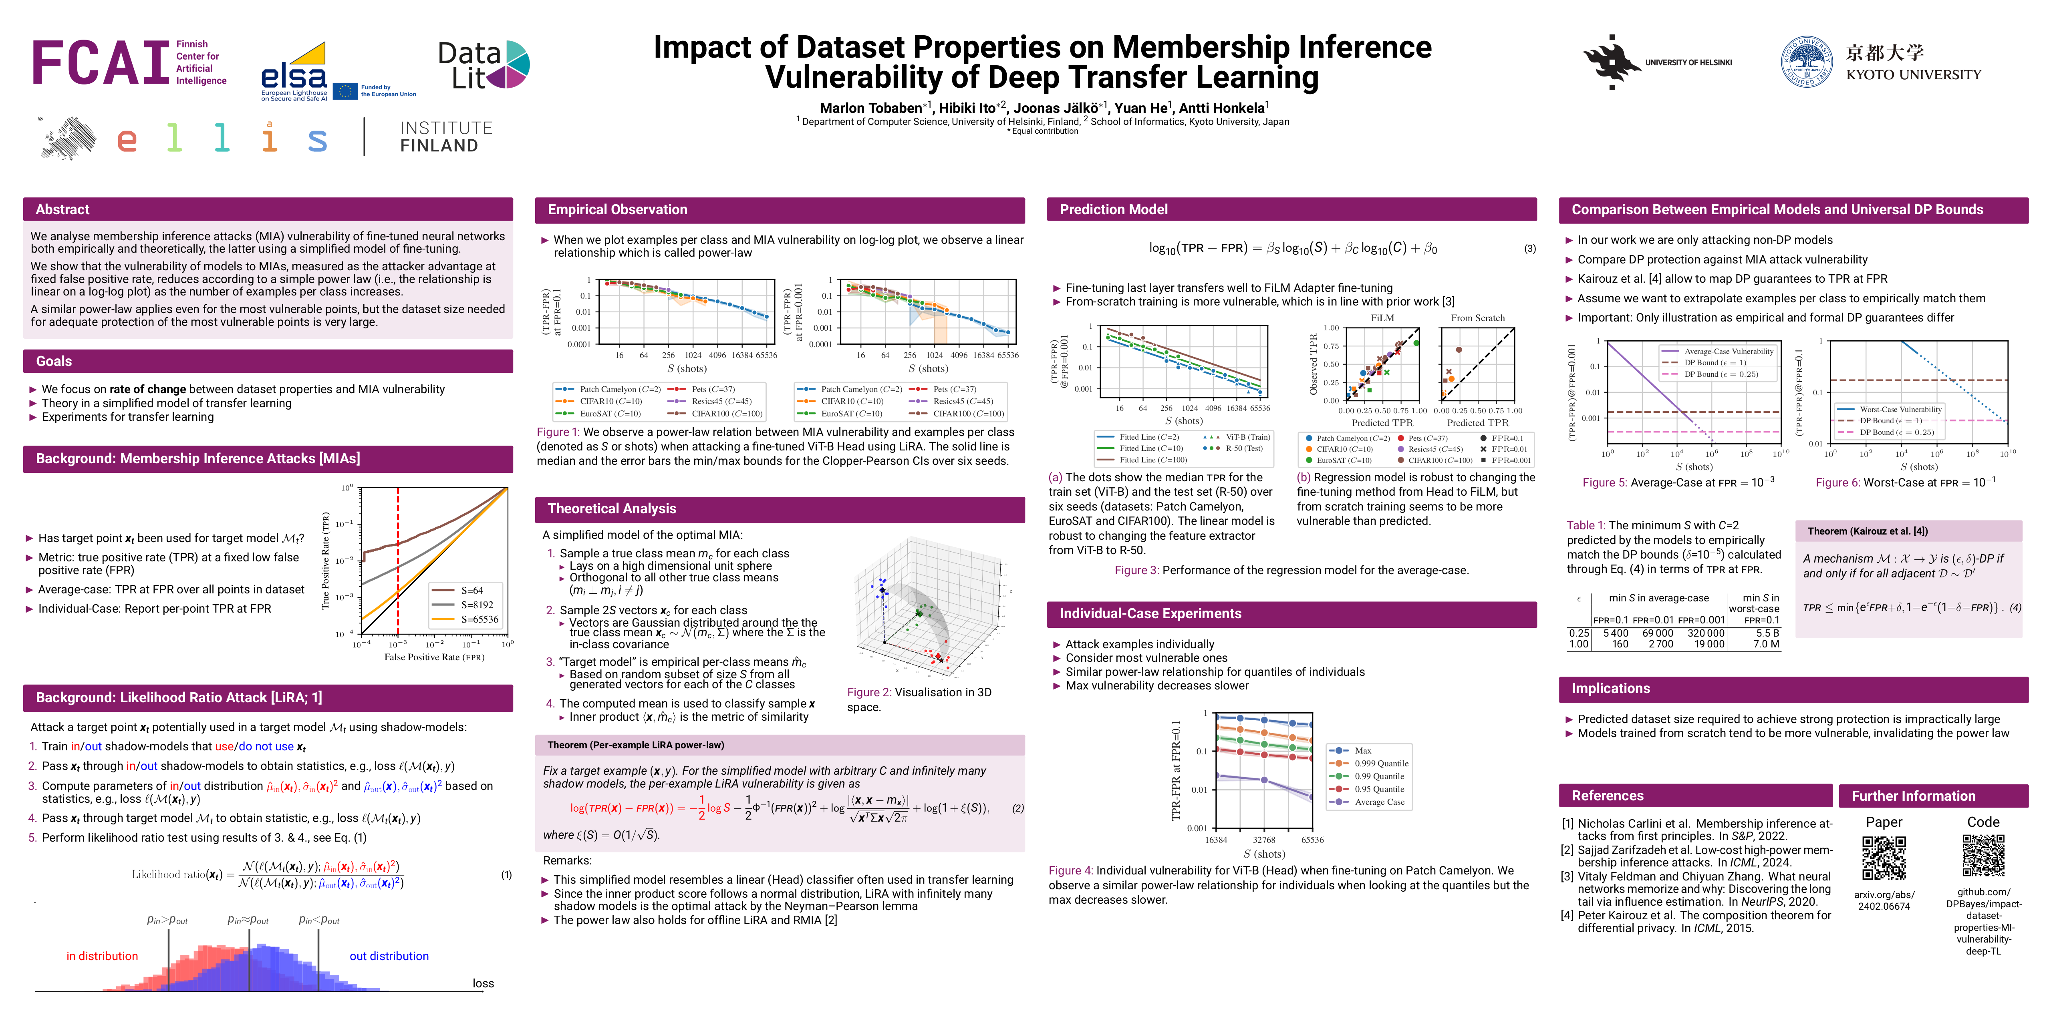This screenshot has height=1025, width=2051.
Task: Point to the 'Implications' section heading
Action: [x=1610, y=688]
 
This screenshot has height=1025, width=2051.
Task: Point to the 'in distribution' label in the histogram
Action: [x=102, y=956]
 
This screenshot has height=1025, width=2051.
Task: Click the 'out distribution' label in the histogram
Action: [x=389, y=956]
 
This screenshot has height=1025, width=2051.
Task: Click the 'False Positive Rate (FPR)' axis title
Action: [x=434, y=657]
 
